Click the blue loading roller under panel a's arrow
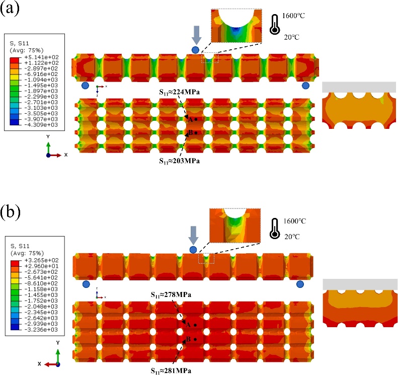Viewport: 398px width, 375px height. pos(195,49)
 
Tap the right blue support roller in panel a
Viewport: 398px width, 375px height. pos(305,86)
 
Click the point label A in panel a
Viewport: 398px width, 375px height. pos(190,119)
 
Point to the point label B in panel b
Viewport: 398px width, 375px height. pos(188,339)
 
